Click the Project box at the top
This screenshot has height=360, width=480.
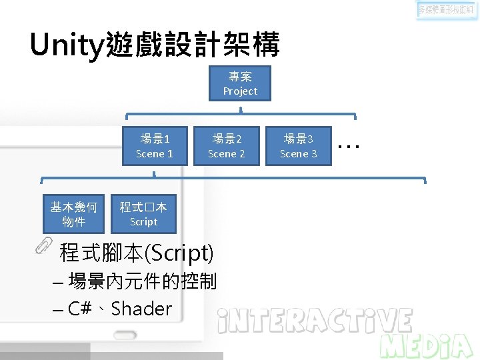(x=240, y=83)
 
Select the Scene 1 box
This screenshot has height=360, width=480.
(x=154, y=146)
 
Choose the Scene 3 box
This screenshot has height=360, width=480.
(x=298, y=146)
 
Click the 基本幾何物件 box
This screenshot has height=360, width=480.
(x=73, y=214)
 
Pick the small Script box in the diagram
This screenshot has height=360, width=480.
(x=143, y=214)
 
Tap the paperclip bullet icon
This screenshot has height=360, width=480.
(x=44, y=246)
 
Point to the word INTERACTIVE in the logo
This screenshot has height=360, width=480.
(x=315, y=321)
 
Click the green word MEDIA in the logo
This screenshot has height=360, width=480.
(x=427, y=345)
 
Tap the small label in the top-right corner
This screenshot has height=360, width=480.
(x=447, y=11)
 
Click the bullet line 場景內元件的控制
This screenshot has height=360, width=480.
(x=142, y=281)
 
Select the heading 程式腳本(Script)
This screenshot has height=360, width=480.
(x=137, y=253)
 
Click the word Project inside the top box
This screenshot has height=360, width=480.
(x=240, y=91)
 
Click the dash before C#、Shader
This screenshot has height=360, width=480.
(x=57, y=311)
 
